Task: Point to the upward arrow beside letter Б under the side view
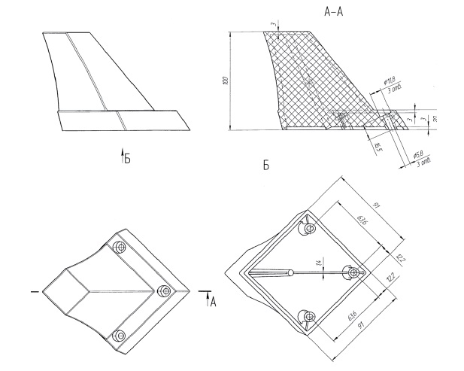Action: pos(121,158)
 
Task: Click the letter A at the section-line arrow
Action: pos(213,302)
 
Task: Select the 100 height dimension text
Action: pos(226,81)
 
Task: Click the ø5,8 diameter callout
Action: pos(419,154)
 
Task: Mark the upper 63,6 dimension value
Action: pos(362,221)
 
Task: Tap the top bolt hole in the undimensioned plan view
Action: pos(119,247)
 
